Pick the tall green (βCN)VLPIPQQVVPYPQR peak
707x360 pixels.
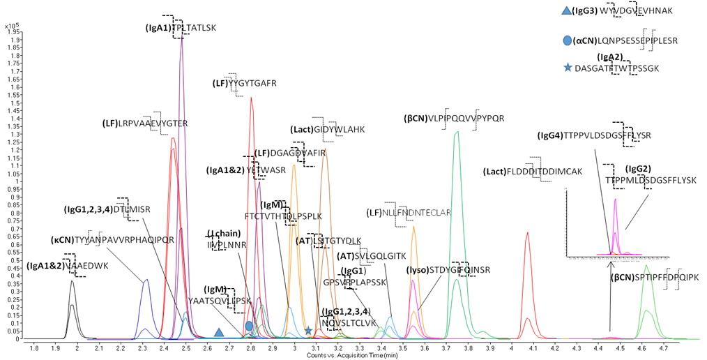(457, 133)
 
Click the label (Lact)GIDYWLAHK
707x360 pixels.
(326, 129)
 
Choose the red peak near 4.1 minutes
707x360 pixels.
(528, 234)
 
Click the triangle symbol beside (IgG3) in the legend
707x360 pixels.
(565, 10)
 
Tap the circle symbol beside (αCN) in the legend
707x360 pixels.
(566, 40)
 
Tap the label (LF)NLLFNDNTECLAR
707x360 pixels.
(409, 212)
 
